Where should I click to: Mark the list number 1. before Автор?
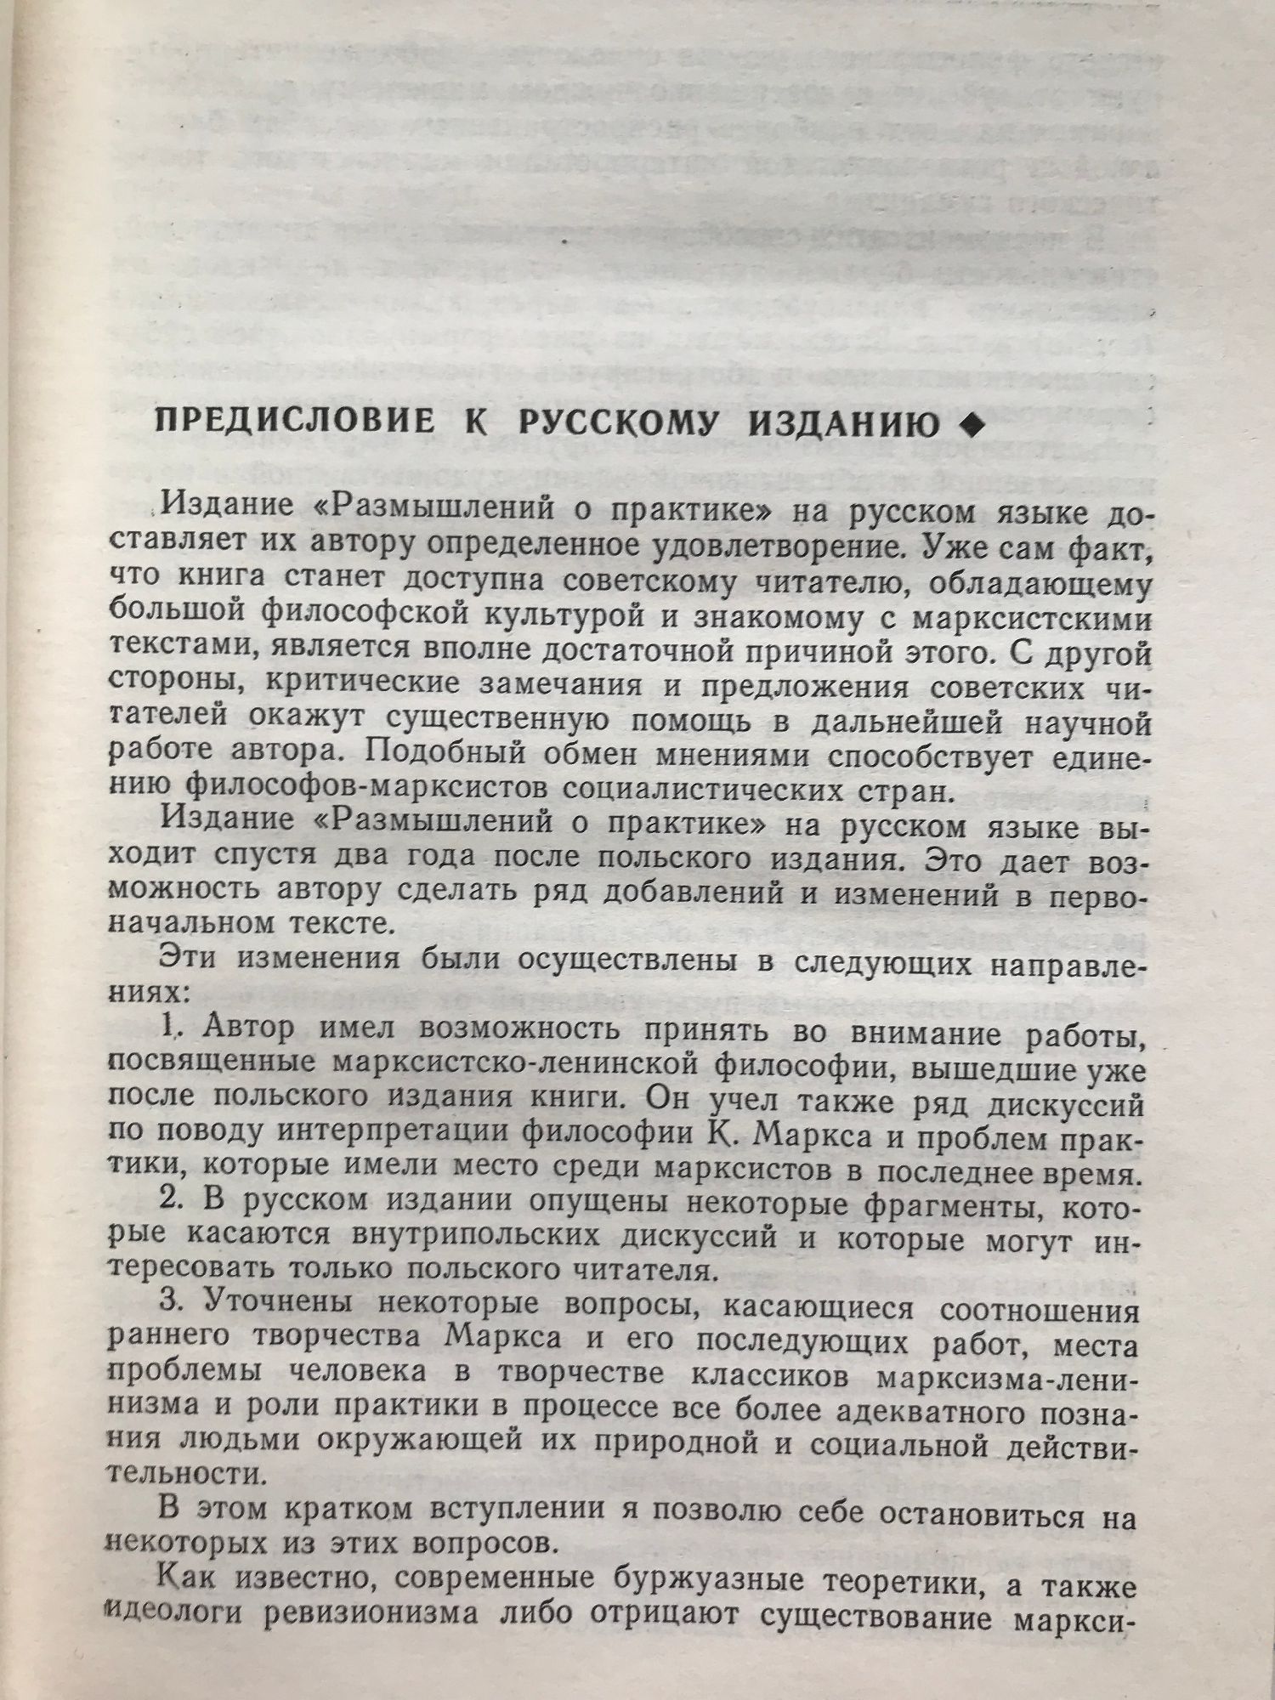coord(173,1029)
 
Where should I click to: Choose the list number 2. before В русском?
coord(173,1203)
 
